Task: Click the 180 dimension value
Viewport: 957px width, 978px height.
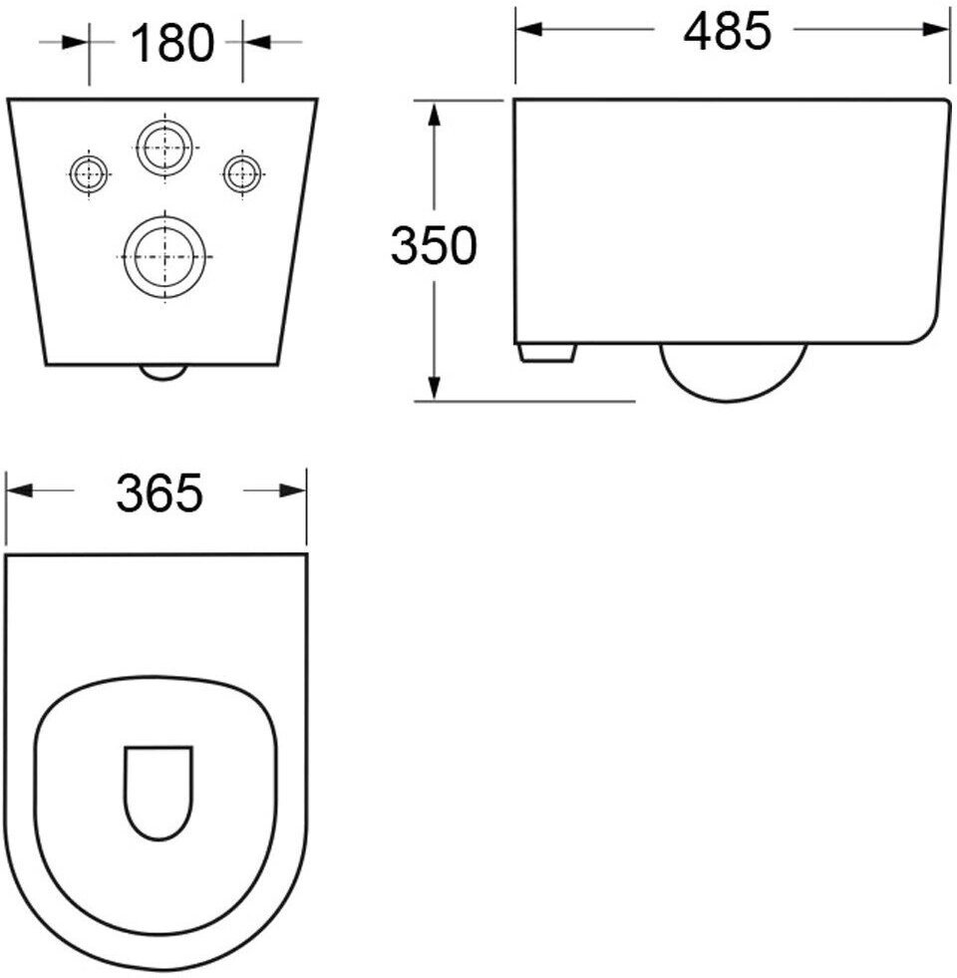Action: [x=172, y=43]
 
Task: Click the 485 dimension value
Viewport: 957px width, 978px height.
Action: [x=727, y=31]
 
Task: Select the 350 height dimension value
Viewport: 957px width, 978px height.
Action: [x=434, y=245]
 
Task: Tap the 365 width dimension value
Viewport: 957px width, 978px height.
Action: [x=159, y=492]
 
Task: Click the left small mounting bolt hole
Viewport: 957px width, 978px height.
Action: [x=89, y=173]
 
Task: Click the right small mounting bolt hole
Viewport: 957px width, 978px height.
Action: [x=242, y=173]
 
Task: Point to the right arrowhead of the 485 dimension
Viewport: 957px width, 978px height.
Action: [x=936, y=29]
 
